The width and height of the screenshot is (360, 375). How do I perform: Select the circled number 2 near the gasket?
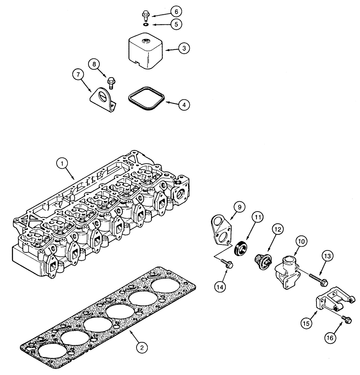(x=141, y=348)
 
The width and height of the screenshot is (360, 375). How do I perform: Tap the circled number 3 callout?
(x=184, y=49)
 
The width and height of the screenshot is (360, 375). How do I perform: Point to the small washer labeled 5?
(x=145, y=25)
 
